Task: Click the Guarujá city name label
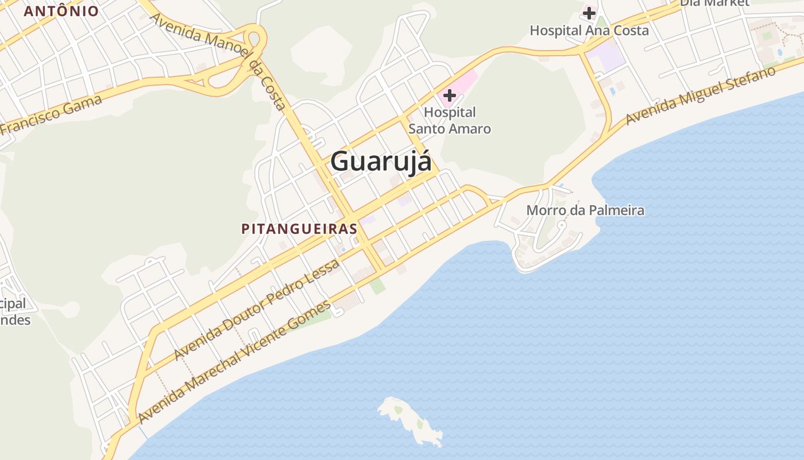click(x=381, y=162)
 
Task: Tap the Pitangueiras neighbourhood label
click(x=299, y=229)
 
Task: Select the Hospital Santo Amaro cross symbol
click(x=450, y=95)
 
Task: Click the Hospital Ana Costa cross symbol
click(x=589, y=13)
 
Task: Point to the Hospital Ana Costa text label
click(x=589, y=30)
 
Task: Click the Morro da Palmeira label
click(x=585, y=210)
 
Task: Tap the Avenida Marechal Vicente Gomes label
click(x=235, y=361)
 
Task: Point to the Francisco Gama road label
click(x=52, y=115)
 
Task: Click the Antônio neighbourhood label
click(x=61, y=11)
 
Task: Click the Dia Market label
click(x=714, y=3)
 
